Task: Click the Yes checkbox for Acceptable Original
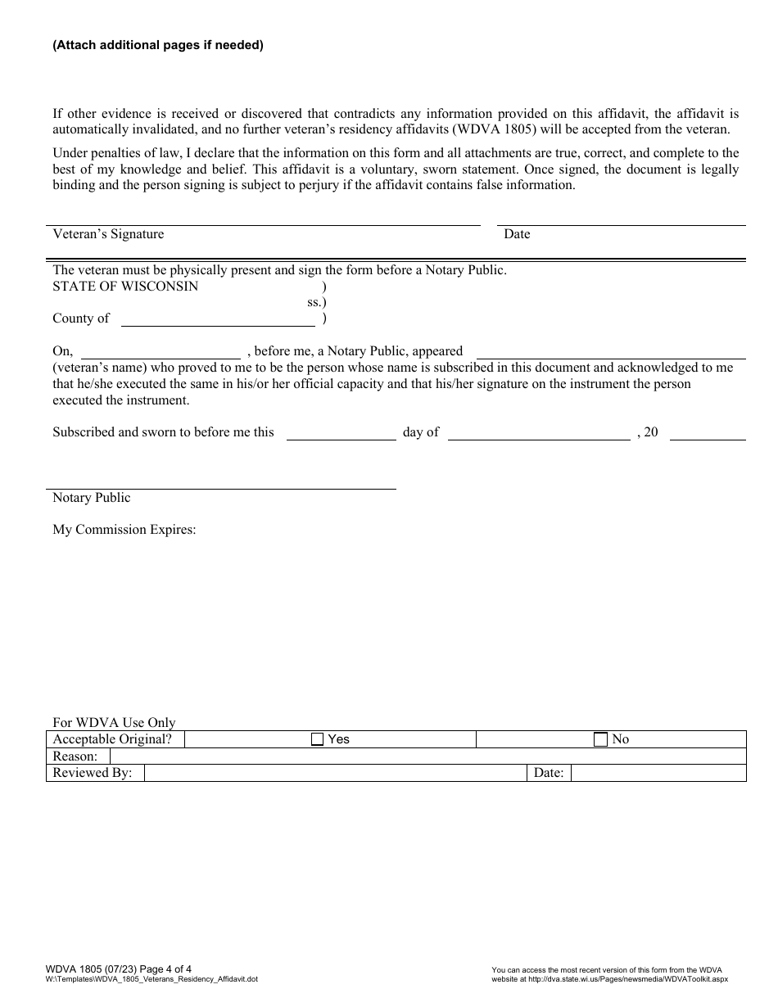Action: click(x=318, y=739)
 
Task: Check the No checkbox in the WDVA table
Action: click(x=600, y=739)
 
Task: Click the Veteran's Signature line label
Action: click(x=108, y=234)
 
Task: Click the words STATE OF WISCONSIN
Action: click(x=125, y=287)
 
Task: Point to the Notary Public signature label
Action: click(x=92, y=498)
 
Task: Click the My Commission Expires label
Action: click(x=124, y=530)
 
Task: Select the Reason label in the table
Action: click(x=75, y=756)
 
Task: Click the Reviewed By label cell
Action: click(x=93, y=773)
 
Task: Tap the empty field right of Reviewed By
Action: click(x=334, y=773)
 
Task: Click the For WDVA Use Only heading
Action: click(x=114, y=723)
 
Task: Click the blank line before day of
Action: click(x=341, y=433)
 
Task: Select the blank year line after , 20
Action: click(x=708, y=433)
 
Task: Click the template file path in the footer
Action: click(x=152, y=979)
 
